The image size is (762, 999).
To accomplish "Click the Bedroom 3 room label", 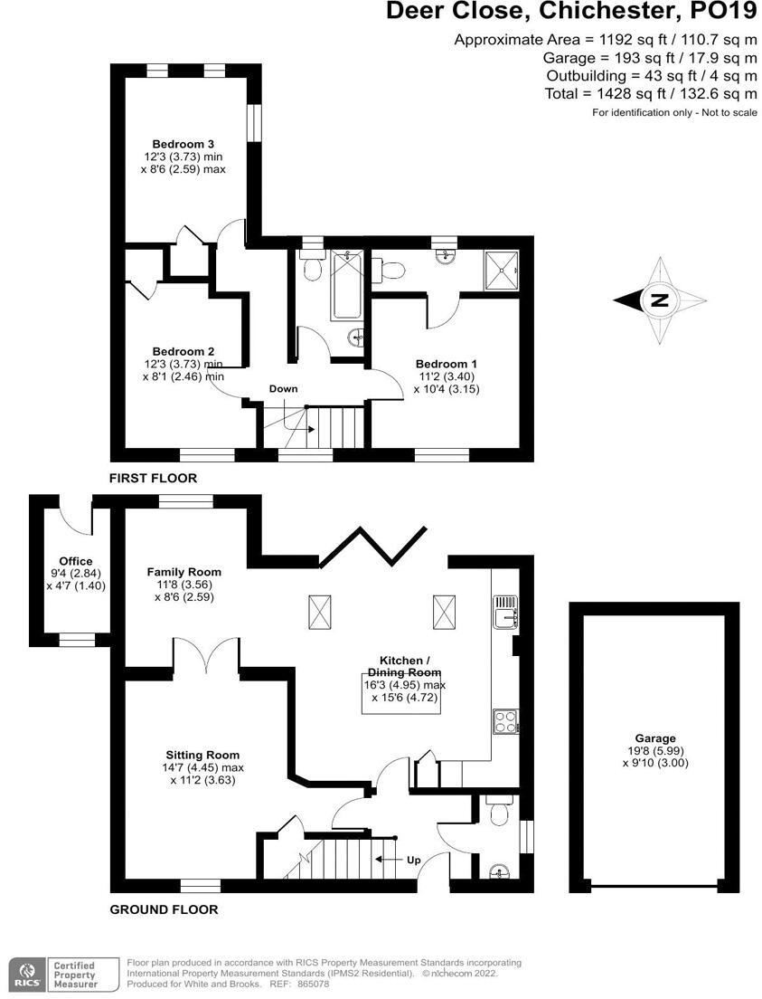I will click(x=183, y=144).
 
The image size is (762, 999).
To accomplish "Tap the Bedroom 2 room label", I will click(x=183, y=351).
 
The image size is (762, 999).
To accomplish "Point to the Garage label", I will click(x=655, y=738).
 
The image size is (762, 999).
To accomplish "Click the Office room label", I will click(x=76, y=561).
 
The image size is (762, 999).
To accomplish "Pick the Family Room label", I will click(x=183, y=572).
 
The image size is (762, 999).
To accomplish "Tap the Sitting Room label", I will click(x=202, y=755).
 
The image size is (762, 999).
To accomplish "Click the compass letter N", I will click(x=660, y=300).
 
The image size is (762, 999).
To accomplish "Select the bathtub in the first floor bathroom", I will click(x=346, y=284).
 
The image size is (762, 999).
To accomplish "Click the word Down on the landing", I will click(x=283, y=388).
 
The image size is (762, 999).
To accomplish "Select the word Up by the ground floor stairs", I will click(x=413, y=858).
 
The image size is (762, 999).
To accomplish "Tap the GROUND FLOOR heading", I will click(x=164, y=909).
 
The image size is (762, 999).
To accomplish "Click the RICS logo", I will click(x=24, y=973).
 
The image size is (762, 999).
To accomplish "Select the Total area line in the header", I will click(x=651, y=93).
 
